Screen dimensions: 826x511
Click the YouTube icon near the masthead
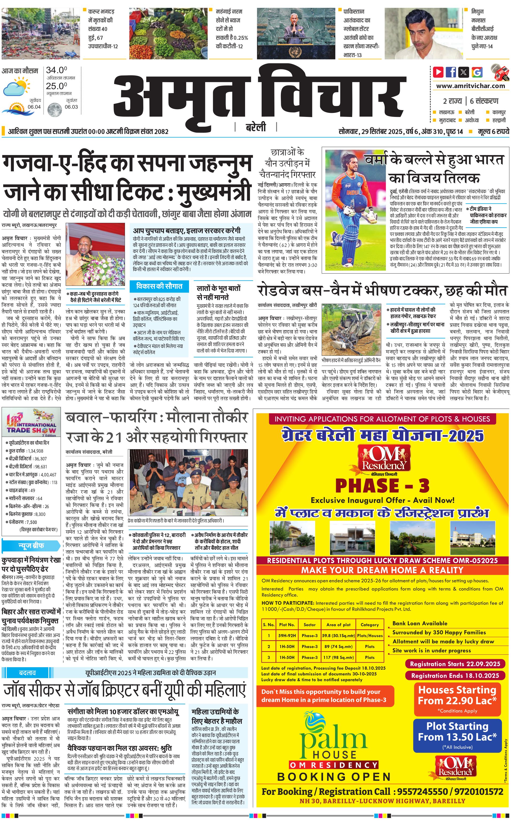438,72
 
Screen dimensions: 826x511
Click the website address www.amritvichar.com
470,86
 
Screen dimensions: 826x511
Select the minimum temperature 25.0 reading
56,86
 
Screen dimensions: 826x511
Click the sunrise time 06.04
34,107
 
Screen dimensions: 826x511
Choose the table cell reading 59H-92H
287,635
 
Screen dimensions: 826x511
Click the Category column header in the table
370,625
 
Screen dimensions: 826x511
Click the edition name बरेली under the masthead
256,127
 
